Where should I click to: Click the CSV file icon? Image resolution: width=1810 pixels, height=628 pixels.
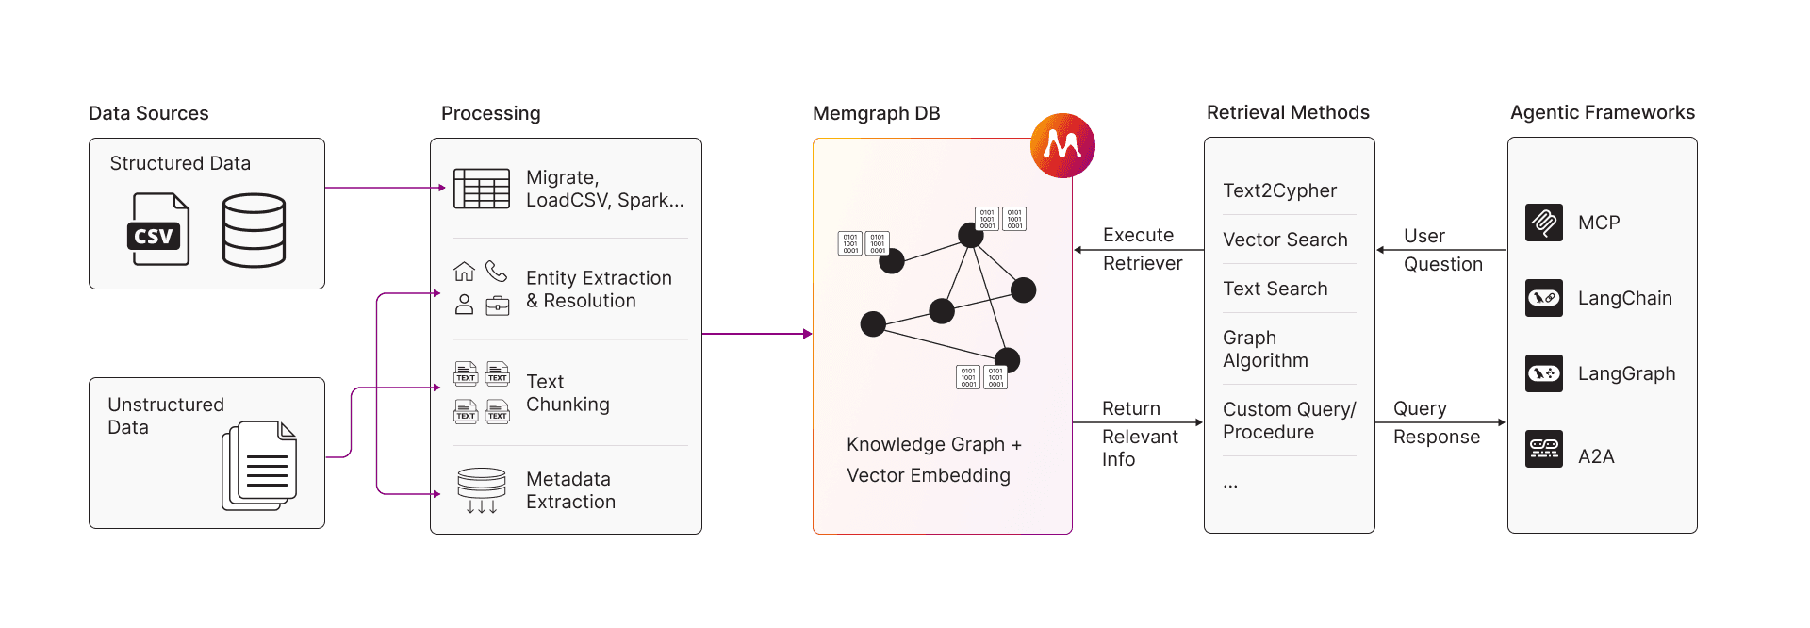coord(157,229)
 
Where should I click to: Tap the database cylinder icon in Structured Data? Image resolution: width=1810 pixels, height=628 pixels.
coord(254,230)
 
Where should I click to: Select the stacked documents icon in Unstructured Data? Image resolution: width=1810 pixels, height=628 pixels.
coord(260,466)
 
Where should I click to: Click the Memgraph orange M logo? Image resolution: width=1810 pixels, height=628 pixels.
coord(1062,145)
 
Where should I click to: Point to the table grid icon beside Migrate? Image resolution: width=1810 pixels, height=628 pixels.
coord(482,189)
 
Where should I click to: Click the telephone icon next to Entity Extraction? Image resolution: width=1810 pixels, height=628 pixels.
coord(497,272)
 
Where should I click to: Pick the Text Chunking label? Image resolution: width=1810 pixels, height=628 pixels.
coord(568,393)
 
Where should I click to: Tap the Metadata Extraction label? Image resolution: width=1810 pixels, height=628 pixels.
coord(570,490)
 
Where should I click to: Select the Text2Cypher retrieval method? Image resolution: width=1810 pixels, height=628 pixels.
coord(1279,190)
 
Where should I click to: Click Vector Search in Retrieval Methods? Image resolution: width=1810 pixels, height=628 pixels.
coord(1285,240)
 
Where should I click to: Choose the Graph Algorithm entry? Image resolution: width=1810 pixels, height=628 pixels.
coord(1265,349)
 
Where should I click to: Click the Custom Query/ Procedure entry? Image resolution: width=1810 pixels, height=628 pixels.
coord(1289,421)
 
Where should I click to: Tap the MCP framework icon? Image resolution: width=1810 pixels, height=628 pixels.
coord(1544,223)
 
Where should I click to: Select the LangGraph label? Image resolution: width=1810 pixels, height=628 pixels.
coord(1626,373)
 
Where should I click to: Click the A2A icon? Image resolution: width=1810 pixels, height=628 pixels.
coord(1544,449)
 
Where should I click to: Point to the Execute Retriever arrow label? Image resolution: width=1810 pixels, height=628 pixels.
coord(1142,249)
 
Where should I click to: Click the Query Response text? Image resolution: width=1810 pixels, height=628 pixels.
coord(1436,422)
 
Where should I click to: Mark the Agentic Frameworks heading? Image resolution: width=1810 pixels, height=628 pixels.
coord(1602,112)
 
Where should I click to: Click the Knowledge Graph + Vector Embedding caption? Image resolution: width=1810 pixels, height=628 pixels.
coord(933,459)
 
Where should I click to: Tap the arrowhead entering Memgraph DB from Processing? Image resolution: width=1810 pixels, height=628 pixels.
coord(808,334)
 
